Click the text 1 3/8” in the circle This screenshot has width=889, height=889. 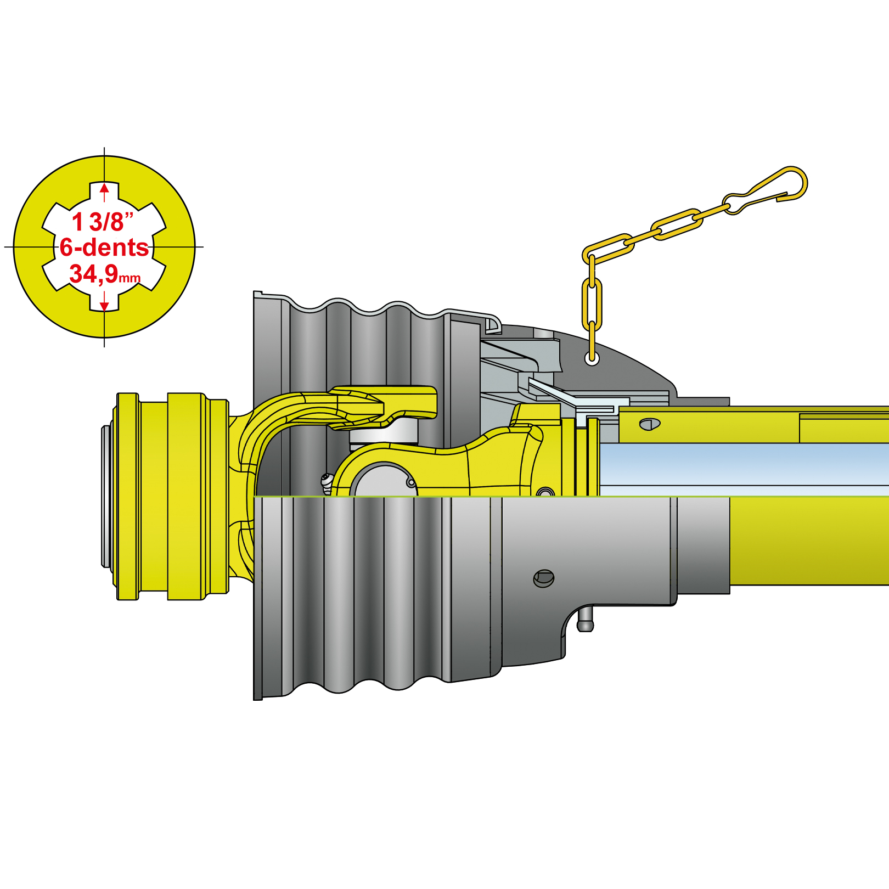103,222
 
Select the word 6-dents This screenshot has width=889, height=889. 104,247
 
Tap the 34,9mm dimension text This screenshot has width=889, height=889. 105,273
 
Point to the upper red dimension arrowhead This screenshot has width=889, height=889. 104,189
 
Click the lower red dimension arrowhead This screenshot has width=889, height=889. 104,305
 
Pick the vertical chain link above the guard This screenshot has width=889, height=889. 592,305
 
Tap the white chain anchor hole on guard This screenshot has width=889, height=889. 592,359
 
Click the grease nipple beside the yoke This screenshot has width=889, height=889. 327,483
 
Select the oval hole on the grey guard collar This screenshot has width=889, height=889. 544,578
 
